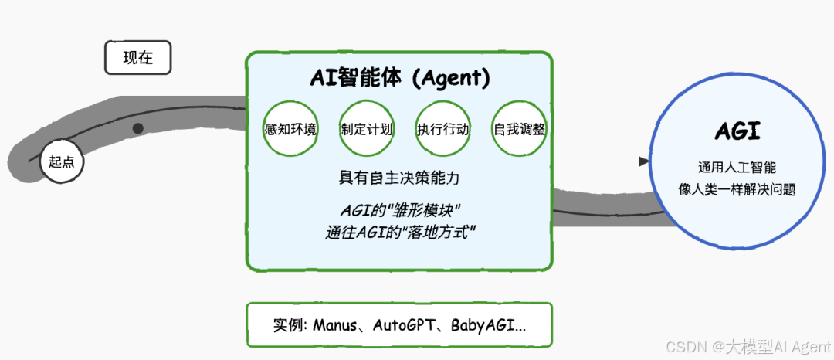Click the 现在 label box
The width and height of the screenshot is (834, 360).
[137, 58]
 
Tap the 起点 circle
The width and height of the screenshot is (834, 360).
[61, 162]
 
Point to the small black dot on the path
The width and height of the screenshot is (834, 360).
[137, 128]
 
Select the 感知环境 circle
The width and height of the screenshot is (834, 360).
[290, 129]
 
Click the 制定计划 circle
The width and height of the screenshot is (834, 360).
[366, 129]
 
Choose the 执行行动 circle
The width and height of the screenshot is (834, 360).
[442, 129]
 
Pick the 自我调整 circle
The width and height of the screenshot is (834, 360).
[519, 129]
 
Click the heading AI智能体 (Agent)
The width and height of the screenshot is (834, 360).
[400, 78]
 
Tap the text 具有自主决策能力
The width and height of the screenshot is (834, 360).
[400, 178]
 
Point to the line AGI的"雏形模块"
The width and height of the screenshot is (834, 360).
[400, 210]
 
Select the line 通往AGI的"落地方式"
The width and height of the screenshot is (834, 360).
[400, 231]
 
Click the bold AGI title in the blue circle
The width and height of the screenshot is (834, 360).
[737, 131]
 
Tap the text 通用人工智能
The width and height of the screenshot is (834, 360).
[737, 167]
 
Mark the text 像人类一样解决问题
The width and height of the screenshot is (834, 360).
[737, 188]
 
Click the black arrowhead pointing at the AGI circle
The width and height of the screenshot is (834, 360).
[644, 161]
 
